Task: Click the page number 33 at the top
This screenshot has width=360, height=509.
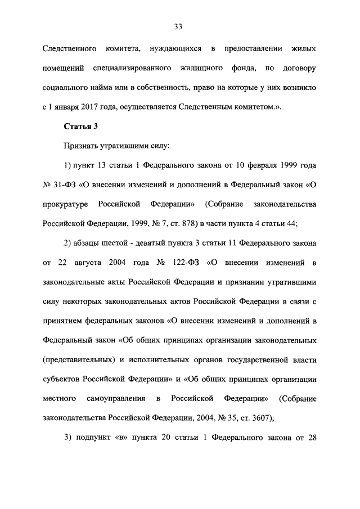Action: coord(179,26)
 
